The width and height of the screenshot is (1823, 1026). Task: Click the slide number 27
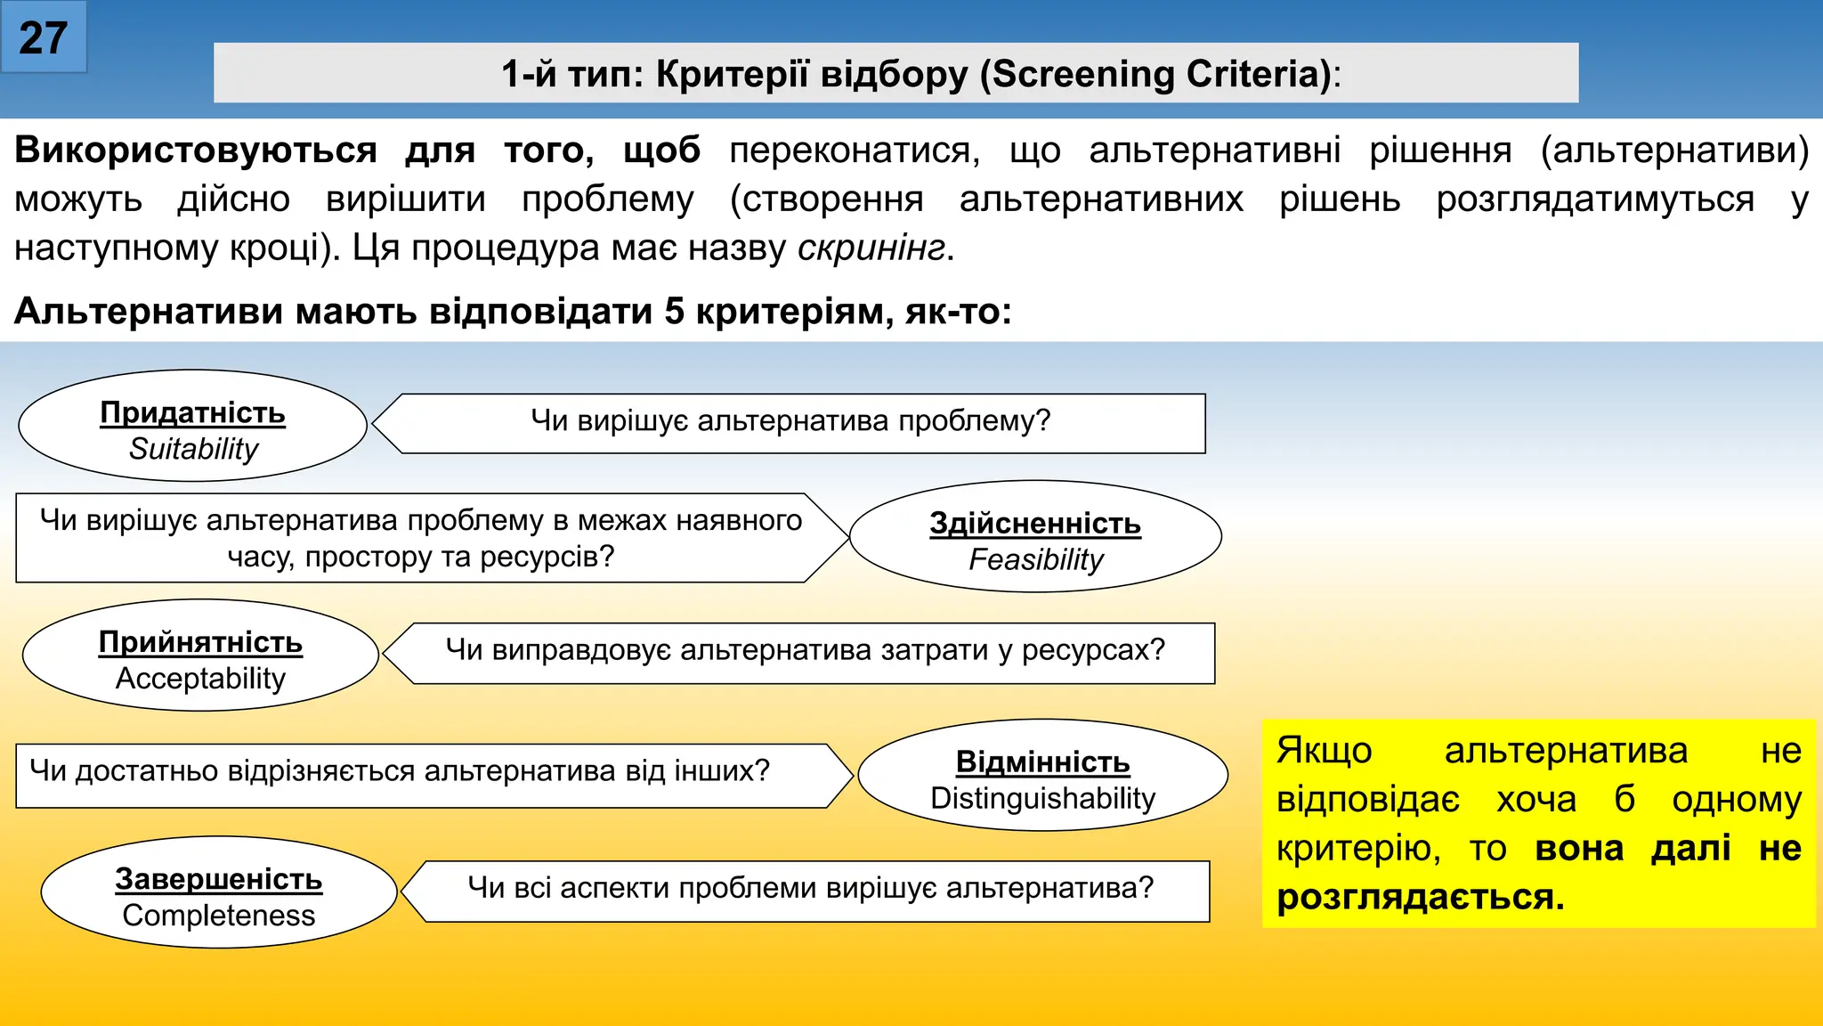pyautogui.click(x=43, y=38)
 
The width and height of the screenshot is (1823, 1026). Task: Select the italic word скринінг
pyautogui.click(x=871, y=248)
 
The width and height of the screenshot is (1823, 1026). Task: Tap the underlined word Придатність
pyautogui.click(x=192, y=412)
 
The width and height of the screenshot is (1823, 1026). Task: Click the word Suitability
pyautogui.click(x=193, y=449)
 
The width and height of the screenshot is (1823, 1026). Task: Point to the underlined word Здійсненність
pyautogui.click(x=1035, y=523)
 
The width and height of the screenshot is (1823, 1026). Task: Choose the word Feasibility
pyautogui.click(x=1035, y=559)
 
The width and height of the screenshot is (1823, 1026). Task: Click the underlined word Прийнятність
pyautogui.click(x=200, y=642)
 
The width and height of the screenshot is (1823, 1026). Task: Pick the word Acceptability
pyautogui.click(x=200, y=679)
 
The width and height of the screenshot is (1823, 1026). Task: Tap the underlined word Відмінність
pyautogui.click(x=1042, y=762)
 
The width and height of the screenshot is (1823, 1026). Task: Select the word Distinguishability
pyautogui.click(x=1042, y=798)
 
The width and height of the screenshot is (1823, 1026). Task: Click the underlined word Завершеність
pyautogui.click(x=218, y=879)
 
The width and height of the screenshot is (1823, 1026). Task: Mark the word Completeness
pyautogui.click(x=218, y=916)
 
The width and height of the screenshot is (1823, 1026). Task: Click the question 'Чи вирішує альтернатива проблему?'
pyautogui.click(x=790, y=420)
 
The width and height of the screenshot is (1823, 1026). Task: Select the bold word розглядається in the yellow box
pyautogui.click(x=1419, y=897)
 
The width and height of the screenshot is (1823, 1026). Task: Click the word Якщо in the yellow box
pyautogui.click(x=1325, y=751)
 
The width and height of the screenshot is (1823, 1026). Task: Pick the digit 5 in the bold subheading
pyautogui.click(x=674, y=312)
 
